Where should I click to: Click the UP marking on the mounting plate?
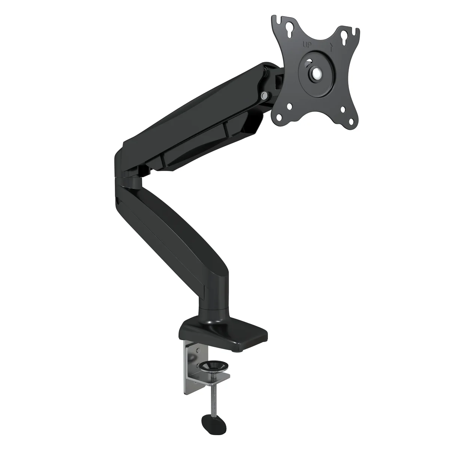[307, 45]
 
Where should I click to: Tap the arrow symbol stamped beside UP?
[331, 48]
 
